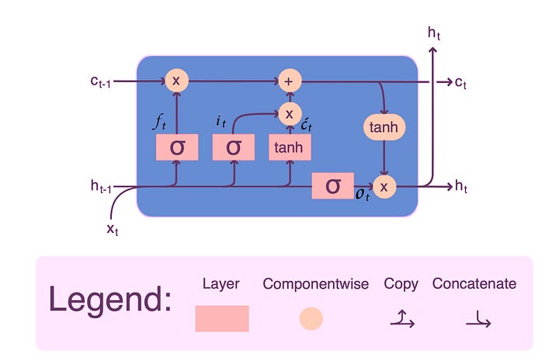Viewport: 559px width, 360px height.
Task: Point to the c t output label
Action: click(462, 81)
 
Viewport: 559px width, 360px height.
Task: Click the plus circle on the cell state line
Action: click(290, 81)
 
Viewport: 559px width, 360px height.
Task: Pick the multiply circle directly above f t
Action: click(176, 81)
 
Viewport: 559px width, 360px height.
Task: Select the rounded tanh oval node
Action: click(384, 126)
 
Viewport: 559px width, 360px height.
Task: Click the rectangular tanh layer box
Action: click(290, 147)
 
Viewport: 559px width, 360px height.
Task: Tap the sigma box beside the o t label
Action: click(332, 186)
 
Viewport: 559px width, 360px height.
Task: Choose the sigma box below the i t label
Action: click(234, 147)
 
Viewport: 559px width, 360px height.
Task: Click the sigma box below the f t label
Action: click(177, 147)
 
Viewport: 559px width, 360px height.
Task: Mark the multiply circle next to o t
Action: click(384, 186)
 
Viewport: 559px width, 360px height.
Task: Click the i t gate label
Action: click(220, 121)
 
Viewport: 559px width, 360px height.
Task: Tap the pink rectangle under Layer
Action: click(222, 318)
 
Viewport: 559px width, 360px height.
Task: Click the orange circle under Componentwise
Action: click(311, 318)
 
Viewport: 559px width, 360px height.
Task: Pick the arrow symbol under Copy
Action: click(401, 318)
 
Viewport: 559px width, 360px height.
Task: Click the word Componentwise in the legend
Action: click(314, 284)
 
